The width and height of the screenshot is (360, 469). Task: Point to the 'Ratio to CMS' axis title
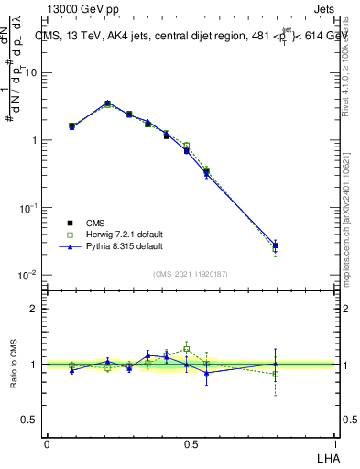15,365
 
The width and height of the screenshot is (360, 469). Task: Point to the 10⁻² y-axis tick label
27,275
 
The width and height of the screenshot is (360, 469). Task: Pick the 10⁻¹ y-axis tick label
27,208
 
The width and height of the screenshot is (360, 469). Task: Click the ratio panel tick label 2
34,309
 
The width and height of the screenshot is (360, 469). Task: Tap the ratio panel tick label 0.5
30,420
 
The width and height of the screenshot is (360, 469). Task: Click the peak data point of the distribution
107,104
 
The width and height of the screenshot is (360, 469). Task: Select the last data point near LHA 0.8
276,245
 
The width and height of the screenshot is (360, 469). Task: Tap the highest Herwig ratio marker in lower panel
186,349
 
